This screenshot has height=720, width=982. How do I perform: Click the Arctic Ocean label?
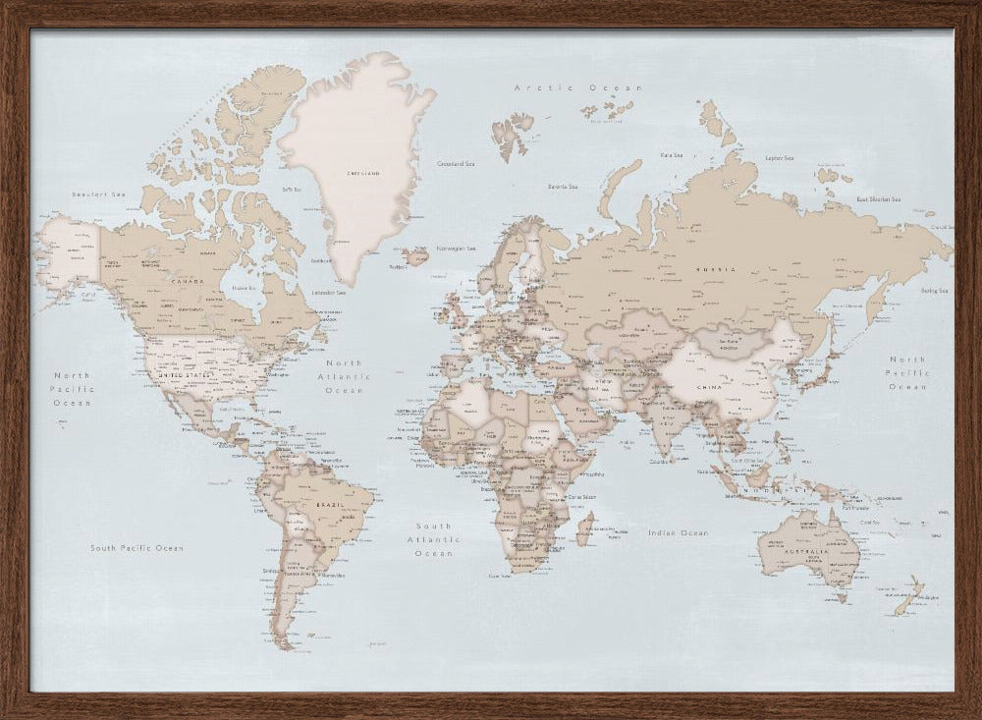click(x=578, y=88)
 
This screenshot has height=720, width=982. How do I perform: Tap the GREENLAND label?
click(x=362, y=173)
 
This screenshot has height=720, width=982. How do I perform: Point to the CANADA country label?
click(x=188, y=281)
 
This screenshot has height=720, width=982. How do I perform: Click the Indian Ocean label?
click(x=678, y=532)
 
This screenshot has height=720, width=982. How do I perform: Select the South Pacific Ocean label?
click(x=136, y=547)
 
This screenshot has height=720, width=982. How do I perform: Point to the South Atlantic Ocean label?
click(x=433, y=539)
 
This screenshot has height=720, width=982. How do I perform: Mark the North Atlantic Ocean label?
click(x=345, y=376)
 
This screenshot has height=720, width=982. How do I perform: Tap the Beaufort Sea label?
click(x=100, y=194)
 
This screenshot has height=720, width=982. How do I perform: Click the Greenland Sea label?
click(x=455, y=163)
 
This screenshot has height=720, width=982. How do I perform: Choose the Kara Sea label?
click(x=672, y=154)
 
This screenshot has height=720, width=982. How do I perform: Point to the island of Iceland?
click(x=414, y=257)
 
